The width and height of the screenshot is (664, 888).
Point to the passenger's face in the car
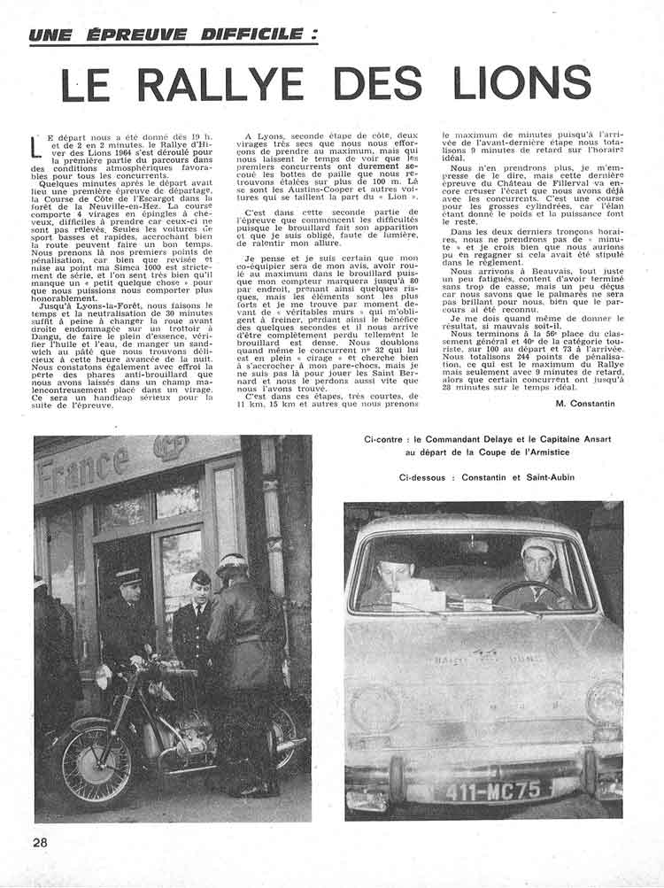(396, 571)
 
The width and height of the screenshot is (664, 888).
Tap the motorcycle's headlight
(104, 676)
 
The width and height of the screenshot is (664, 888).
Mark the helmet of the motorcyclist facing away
(232, 564)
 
